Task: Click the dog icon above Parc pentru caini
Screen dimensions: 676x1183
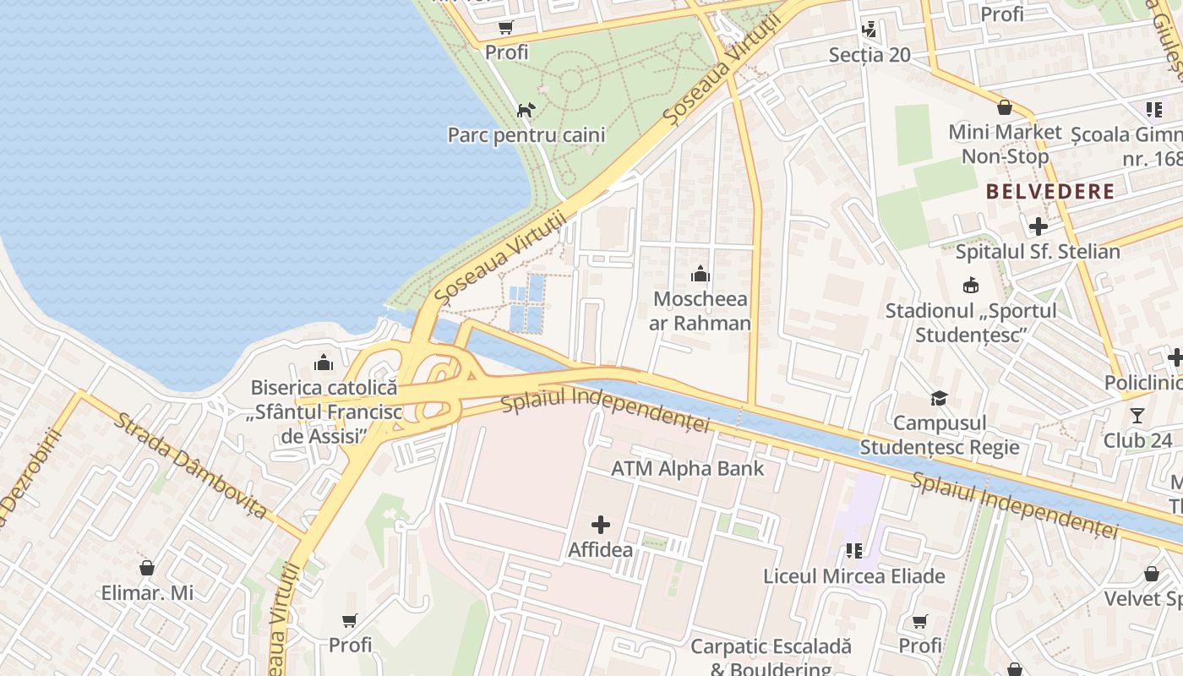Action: [x=526, y=110]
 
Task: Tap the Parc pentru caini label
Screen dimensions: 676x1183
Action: [x=526, y=135]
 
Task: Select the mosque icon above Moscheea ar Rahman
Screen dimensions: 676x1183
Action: [x=701, y=274]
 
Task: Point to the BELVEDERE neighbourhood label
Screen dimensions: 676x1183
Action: [x=1050, y=191]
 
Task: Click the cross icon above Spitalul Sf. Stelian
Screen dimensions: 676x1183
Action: [x=1039, y=226]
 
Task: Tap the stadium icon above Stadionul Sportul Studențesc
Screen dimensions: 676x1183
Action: [x=971, y=286]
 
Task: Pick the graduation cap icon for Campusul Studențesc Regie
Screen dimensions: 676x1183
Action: [x=939, y=398]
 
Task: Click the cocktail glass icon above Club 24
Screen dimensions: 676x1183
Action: [x=1137, y=415]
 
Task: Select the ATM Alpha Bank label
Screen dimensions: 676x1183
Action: [x=688, y=469]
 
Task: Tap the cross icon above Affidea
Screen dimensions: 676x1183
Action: [x=601, y=525]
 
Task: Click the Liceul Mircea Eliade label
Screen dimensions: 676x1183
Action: [x=854, y=576]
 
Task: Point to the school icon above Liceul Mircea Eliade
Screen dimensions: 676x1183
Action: [x=854, y=551]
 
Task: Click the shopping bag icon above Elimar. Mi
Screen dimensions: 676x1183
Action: [x=147, y=568]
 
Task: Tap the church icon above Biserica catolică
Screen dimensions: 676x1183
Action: [x=324, y=363]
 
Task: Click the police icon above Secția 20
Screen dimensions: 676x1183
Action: [x=869, y=30]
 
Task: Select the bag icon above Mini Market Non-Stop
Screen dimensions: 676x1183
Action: [x=1005, y=107]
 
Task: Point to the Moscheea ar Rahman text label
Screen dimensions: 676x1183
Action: [x=701, y=311]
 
